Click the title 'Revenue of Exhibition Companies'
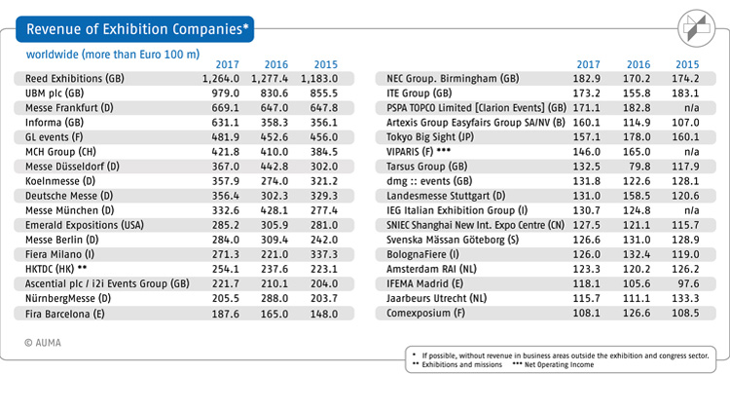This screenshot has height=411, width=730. tap(135, 29)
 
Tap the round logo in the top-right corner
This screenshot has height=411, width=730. tap(697, 28)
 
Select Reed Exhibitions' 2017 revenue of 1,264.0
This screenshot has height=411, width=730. tap(221, 78)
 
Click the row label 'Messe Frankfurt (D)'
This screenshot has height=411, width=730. tap(69, 108)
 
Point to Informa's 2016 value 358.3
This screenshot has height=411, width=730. tap(274, 123)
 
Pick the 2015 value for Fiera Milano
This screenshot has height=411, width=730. tap(324, 254)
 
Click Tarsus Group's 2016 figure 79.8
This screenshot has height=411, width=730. tap(639, 167)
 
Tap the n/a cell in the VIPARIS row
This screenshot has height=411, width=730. tap(691, 152)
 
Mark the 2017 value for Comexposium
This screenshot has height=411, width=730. tap(586, 313)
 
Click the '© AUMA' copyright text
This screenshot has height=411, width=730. tap(43, 343)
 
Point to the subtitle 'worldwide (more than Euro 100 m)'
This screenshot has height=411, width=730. tap(113, 55)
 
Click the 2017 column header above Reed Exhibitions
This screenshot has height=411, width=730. tap(227, 64)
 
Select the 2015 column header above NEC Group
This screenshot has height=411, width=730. tap(687, 64)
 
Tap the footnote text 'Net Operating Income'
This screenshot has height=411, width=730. tap(559, 365)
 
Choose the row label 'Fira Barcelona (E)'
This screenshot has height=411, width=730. tap(64, 314)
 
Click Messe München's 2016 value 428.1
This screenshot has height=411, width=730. tap(274, 210)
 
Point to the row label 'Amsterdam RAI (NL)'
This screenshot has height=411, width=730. tap(431, 270)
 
